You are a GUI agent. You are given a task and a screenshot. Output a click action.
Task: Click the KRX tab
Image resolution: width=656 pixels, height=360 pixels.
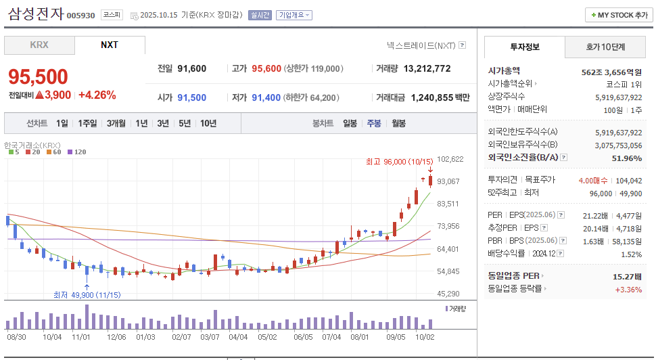39,45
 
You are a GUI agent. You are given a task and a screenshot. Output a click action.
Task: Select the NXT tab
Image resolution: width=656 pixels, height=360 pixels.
110,45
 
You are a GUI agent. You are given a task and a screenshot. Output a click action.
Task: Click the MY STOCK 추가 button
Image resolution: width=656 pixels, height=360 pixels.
619,15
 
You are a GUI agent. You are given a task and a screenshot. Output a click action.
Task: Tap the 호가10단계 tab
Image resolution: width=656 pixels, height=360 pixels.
605,47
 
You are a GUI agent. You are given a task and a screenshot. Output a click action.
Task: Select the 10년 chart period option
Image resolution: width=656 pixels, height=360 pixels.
208,123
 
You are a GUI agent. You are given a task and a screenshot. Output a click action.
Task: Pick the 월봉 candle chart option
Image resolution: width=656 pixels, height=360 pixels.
398,123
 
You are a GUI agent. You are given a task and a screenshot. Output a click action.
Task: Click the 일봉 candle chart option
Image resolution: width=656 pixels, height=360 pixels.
350,123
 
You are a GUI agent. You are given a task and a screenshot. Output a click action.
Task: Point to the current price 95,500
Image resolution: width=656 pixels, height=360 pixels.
38,76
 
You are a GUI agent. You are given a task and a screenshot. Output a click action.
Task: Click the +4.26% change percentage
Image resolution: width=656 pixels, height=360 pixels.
97,95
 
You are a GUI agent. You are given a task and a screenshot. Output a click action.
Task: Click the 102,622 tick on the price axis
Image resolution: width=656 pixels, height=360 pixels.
450,159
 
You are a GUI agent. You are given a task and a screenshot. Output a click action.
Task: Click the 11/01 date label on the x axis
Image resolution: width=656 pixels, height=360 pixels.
81,336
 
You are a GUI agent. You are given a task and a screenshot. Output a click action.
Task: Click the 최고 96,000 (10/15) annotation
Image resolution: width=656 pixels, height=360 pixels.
399,161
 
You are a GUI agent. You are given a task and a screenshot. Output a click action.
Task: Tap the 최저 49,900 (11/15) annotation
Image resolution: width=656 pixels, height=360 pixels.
87,294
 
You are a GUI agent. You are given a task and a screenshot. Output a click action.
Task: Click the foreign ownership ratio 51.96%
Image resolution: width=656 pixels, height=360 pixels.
626,158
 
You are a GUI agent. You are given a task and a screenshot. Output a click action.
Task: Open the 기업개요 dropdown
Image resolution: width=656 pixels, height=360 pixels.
294,15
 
